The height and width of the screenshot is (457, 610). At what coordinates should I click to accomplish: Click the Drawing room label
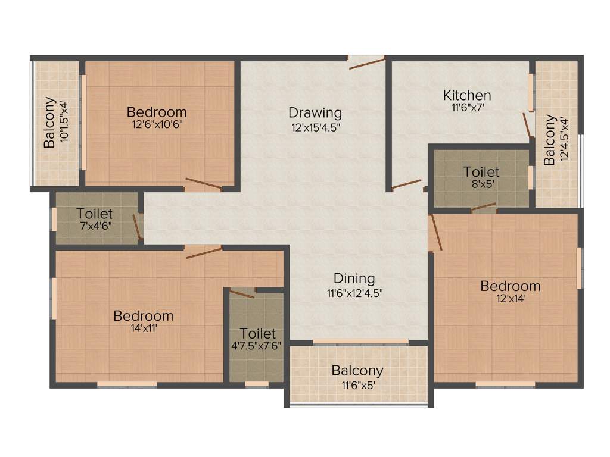tap(315, 112)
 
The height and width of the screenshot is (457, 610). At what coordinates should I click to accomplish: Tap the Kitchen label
tap(467, 95)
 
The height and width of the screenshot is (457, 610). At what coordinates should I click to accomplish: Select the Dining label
tap(354, 278)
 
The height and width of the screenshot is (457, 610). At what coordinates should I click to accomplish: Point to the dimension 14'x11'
tap(144, 328)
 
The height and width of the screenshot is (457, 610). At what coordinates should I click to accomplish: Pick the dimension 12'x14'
tap(511, 299)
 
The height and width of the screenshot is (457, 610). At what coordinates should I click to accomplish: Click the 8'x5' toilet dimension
tap(481, 184)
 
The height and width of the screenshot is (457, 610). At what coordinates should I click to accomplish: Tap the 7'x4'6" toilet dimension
tap(95, 226)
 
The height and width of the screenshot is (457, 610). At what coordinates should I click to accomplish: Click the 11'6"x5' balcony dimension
tap(357, 384)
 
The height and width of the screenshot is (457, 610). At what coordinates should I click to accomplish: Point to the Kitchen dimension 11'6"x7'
tap(467, 108)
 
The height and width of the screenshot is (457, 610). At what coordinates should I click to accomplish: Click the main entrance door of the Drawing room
tap(367, 61)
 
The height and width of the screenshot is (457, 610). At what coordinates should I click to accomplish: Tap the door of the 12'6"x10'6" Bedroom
tap(204, 184)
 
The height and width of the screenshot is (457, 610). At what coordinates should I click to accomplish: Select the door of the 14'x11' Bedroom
tap(203, 252)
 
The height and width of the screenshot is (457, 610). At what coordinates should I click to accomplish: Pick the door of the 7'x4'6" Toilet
tap(138, 227)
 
